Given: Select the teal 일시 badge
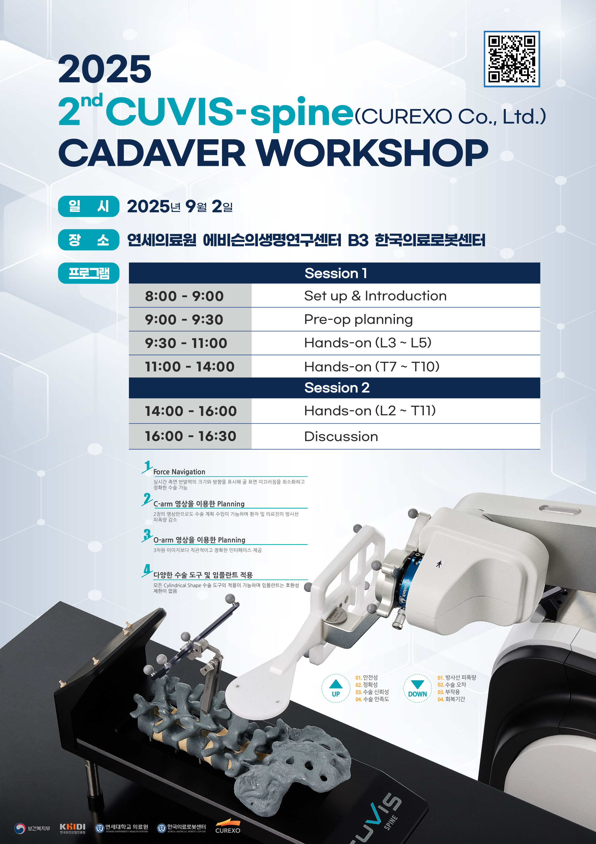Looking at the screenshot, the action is click(x=89, y=206).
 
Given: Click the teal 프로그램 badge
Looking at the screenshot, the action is click(x=89, y=273).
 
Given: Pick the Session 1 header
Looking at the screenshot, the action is click(x=334, y=273).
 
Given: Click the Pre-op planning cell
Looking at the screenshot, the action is click(x=395, y=320).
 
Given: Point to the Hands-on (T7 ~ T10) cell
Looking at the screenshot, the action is click(x=395, y=367).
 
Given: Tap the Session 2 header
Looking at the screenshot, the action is click(x=334, y=388).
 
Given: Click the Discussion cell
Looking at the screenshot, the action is click(x=395, y=436).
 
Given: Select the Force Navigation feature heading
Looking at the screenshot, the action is click(x=179, y=472).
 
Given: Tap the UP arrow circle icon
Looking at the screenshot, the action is click(x=336, y=688).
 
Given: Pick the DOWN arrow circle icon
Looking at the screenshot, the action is click(x=417, y=688).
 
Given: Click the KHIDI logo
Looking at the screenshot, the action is click(x=72, y=828).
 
